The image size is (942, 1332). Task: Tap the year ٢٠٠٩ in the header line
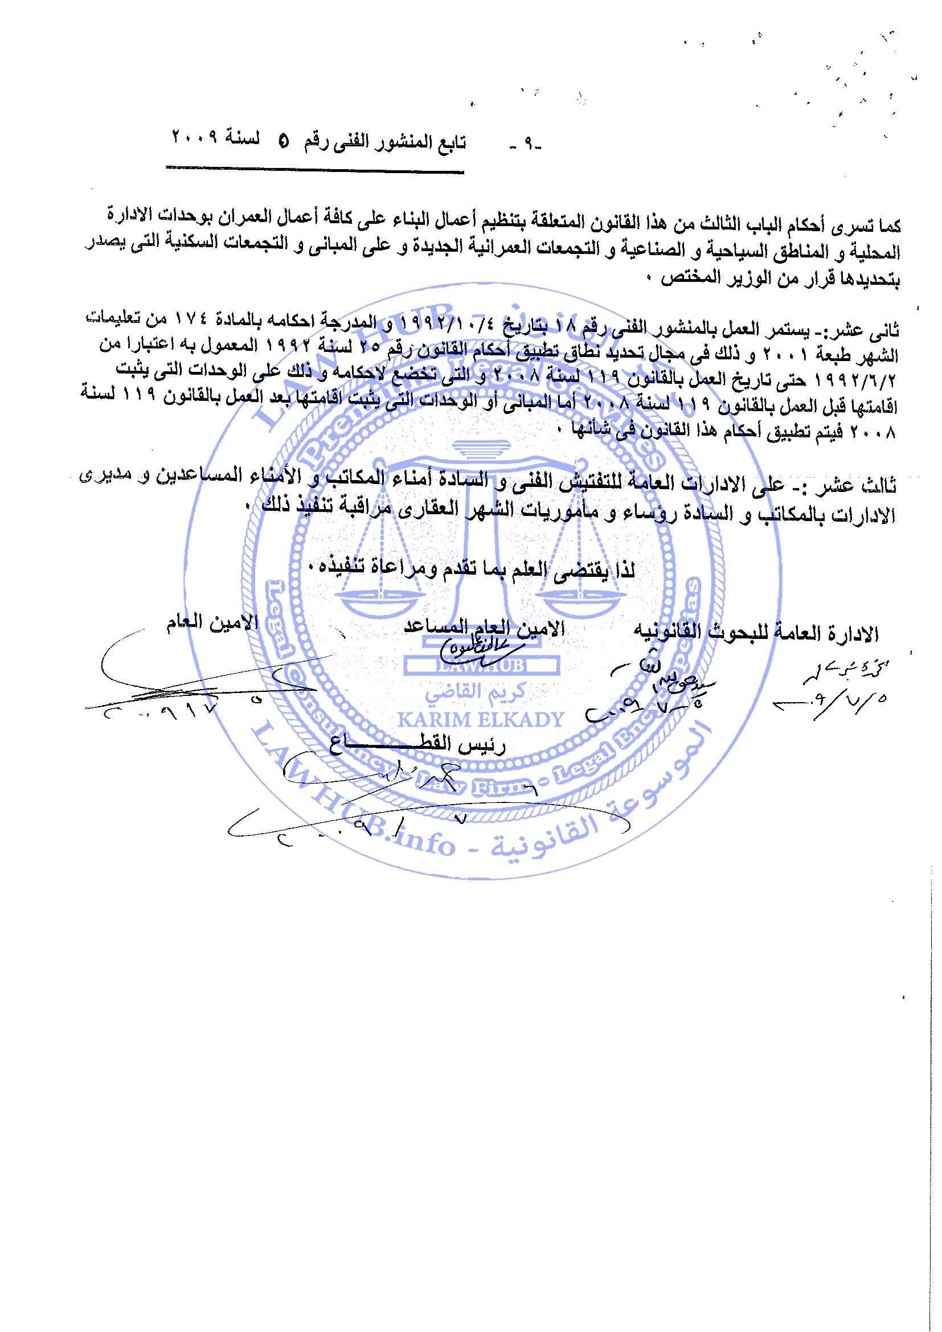click(x=194, y=139)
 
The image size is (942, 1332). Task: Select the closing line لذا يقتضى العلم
click(x=473, y=568)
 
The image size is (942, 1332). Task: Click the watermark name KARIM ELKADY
click(x=480, y=720)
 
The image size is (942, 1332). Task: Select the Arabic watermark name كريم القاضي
click(x=474, y=691)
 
